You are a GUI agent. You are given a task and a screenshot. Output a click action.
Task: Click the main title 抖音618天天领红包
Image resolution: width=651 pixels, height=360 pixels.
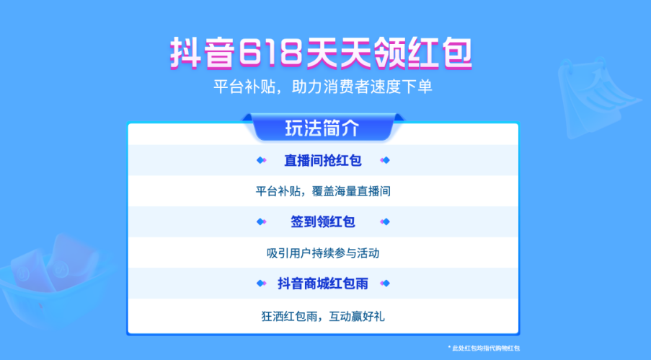(321, 53)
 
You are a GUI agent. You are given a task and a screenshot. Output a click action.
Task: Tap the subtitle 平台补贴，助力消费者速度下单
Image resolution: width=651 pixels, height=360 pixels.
(322, 87)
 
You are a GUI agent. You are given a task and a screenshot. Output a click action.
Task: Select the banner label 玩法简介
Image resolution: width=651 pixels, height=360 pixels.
(322, 128)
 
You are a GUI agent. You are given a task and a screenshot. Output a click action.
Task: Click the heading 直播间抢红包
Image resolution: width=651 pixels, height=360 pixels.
(322, 160)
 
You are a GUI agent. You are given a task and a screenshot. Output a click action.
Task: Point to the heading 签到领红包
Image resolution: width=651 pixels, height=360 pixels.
(322, 221)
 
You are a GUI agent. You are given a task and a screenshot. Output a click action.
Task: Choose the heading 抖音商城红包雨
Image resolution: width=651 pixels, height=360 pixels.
(322, 284)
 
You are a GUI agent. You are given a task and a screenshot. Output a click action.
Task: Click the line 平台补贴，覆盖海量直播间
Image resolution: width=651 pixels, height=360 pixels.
(322, 191)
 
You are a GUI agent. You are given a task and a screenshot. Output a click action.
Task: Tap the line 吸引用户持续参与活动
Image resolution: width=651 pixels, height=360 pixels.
(322, 253)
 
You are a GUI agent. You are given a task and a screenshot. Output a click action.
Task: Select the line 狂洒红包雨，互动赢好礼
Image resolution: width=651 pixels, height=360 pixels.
(322, 316)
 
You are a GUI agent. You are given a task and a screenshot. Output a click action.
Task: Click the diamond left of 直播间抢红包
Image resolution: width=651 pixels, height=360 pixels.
(261, 160)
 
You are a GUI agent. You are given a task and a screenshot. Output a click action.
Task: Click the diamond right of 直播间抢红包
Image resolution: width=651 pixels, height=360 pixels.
(385, 160)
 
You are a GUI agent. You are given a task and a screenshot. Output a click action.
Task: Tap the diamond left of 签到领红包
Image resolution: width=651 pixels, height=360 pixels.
(261, 222)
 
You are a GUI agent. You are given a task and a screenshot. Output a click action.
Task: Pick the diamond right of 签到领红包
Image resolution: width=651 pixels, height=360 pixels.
(385, 222)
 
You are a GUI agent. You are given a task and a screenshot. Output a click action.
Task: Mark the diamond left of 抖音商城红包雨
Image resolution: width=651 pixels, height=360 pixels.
(261, 284)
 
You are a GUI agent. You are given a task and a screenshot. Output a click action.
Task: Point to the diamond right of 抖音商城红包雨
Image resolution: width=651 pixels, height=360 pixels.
(385, 284)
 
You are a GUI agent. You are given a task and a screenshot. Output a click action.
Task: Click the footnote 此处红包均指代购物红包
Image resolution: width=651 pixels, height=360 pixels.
(484, 348)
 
